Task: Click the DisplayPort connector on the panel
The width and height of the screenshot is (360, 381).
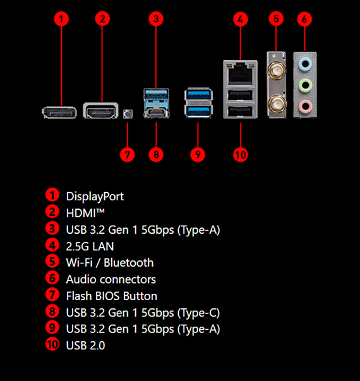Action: pyautogui.click(x=59, y=112)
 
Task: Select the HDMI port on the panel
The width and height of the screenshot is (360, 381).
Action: pyautogui.click(x=100, y=111)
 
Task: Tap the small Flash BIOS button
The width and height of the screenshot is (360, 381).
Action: pyautogui.click(x=128, y=114)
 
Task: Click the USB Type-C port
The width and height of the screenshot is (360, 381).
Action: pyautogui.click(x=157, y=112)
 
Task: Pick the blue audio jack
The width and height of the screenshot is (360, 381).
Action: pyautogui.click(x=305, y=64)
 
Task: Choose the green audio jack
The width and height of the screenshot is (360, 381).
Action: pyautogui.click(x=305, y=85)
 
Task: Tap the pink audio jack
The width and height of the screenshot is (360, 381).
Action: pyautogui.click(x=305, y=106)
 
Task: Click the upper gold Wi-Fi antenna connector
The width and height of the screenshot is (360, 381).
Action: pyautogui.click(x=276, y=70)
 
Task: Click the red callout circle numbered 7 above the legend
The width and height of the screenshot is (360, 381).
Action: pyautogui.click(x=128, y=155)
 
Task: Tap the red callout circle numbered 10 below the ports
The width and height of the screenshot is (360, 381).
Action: pyautogui.click(x=241, y=155)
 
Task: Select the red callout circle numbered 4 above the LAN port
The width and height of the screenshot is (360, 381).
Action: pyautogui.click(x=241, y=19)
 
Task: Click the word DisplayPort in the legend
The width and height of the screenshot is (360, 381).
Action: pyautogui.click(x=95, y=197)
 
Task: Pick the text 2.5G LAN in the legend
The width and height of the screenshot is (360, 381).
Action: pyautogui.click(x=90, y=246)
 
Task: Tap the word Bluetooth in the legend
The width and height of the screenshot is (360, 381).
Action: pyautogui.click(x=129, y=263)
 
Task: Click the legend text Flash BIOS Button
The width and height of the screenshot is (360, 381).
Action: pyautogui.click(x=112, y=296)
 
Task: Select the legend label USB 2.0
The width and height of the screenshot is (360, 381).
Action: pyautogui.click(x=85, y=346)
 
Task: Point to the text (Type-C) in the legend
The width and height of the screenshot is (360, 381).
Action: pyautogui.click(x=199, y=313)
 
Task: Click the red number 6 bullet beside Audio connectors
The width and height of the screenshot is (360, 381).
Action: pyautogui.click(x=52, y=278)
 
